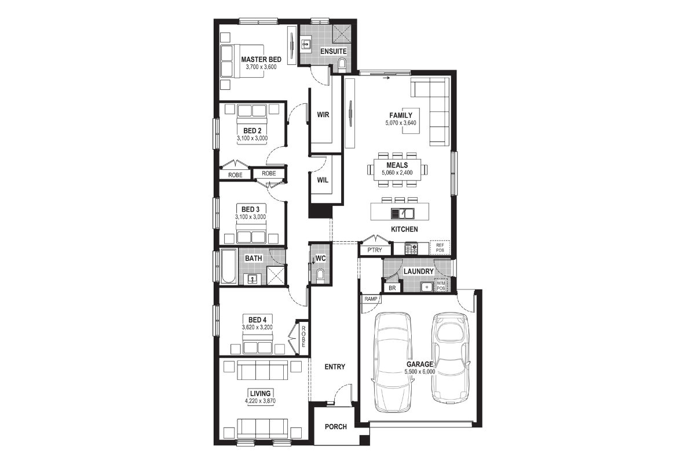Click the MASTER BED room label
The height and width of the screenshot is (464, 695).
[x=261, y=59]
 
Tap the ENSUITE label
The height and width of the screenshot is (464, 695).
[x=334, y=51]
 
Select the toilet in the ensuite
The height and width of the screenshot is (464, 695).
[x=342, y=64]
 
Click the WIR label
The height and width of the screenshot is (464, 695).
[x=323, y=115]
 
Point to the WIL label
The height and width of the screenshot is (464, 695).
[x=323, y=180]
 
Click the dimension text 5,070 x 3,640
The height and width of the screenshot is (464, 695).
[x=401, y=123]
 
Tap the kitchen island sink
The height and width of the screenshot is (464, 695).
[x=403, y=213]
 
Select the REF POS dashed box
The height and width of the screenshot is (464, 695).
[x=440, y=248]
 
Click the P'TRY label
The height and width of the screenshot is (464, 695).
[x=375, y=250]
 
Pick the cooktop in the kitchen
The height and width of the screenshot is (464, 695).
[x=411, y=248]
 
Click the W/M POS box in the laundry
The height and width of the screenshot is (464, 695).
[x=441, y=286]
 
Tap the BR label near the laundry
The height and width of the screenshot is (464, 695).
[x=392, y=288]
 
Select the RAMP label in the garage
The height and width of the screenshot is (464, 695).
[x=371, y=299]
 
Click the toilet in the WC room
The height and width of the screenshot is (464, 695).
[x=320, y=274]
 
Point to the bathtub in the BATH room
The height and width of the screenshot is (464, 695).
[x=228, y=266]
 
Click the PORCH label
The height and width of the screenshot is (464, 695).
[x=336, y=427]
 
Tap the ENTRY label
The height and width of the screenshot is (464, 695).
[x=335, y=367]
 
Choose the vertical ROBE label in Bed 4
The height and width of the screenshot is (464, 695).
[x=303, y=336]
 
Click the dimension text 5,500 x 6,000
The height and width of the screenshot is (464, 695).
[x=419, y=372]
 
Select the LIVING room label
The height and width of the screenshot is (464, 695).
[x=260, y=393]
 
